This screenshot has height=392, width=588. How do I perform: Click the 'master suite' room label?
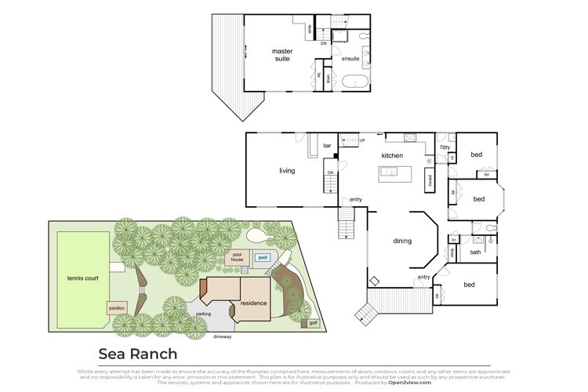coord(282,55)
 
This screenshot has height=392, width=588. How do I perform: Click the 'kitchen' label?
coord(392,155)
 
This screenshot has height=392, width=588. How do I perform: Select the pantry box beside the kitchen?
coord(429,180)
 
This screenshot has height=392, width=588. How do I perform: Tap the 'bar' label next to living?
coord(328,146)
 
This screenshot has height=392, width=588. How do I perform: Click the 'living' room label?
coord(287,170)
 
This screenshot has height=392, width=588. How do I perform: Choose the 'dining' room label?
coord(402,241)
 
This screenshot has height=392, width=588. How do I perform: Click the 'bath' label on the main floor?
coord(475,252)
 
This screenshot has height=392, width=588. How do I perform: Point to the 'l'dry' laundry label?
coord(445,147)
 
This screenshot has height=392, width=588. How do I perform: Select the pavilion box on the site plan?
coord(117,308)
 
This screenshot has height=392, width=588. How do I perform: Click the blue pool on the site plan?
coord(263,258)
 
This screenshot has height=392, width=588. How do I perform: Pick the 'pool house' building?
coord(236,257)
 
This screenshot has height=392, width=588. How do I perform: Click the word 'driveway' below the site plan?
coord(225,336)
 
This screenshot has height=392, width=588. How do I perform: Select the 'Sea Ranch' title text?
coord(137,354)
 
